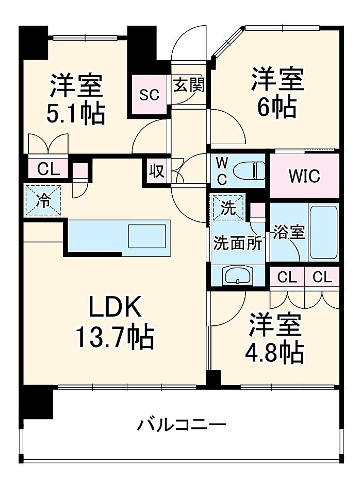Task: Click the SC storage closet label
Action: tap(150, 95)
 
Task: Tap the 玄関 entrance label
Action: tap(188, 85)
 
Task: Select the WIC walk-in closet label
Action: tap(304, 176)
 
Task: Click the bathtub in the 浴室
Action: tap(324, 233)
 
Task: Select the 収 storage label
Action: tap(156, 170)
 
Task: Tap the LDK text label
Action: tap(114, 309)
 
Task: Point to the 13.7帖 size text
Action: tap(114, 338)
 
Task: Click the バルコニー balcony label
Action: tap(182, 425)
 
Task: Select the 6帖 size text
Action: tap(277, 107)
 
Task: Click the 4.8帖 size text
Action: tap(274, 353)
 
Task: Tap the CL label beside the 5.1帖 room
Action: tap(44, 168)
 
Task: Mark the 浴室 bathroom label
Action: tap(289, 232)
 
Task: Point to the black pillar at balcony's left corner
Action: tap(38, 402)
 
